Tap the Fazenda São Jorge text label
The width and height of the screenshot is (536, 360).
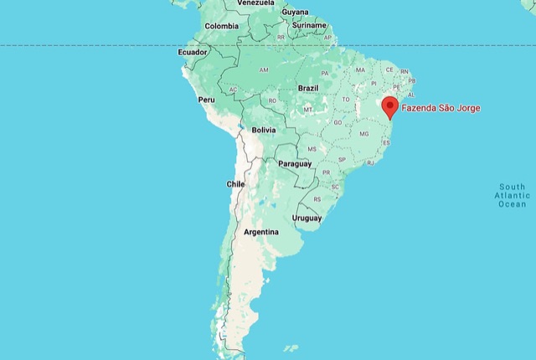pos(441,108)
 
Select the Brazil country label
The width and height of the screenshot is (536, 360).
pos(307,88)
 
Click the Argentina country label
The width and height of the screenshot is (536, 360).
pos(260,231)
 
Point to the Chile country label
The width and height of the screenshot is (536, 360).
pos(235,183)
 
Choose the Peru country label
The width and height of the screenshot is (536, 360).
pos(206,100)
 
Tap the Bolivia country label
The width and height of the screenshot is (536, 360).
pos(264,130)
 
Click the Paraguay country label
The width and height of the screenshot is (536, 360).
pos(294,163)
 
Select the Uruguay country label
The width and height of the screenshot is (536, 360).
pos(307,218)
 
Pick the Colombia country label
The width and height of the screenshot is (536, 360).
pos(222,26)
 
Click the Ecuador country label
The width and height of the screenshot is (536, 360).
pos(192,52)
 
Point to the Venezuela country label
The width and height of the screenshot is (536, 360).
pos(256,3)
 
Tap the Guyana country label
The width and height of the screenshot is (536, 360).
pos(295,12)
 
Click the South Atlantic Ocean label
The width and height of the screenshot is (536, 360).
pos(512,195)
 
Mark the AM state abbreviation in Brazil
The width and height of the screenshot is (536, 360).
pos(264,69)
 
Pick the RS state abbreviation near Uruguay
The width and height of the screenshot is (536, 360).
pos(317,199)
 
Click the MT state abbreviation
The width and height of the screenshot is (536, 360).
pos(307,110)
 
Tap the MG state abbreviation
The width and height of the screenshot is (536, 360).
pos(363,134)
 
